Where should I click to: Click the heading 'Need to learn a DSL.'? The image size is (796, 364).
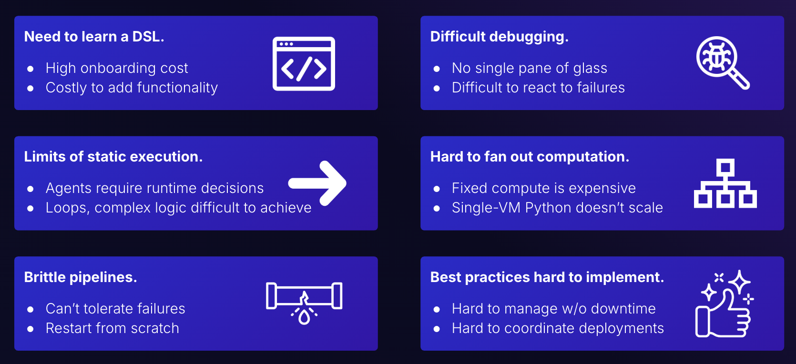[94, 37]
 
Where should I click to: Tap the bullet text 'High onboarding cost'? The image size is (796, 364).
[117, 68]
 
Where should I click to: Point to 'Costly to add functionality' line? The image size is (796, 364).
[132, 88]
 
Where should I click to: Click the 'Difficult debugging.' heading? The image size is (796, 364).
[499, 37]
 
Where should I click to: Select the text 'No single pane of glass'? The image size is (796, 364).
[530, 68]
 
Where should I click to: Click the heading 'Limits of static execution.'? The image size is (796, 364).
[113, 157]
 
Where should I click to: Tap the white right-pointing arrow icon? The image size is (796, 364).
[317, 183]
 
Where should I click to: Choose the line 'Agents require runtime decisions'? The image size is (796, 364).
[154, 188]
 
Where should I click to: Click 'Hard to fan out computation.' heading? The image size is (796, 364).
[530, 157]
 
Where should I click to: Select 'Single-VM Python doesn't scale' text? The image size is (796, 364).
[557, 208]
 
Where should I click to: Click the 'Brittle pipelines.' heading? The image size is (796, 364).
[80, 277]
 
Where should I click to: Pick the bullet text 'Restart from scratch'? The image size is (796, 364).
[112, 328]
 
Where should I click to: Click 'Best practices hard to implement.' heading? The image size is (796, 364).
[547, 277]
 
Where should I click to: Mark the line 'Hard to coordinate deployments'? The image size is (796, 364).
[558, 328]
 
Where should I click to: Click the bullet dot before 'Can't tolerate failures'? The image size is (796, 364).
[31, 310]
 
